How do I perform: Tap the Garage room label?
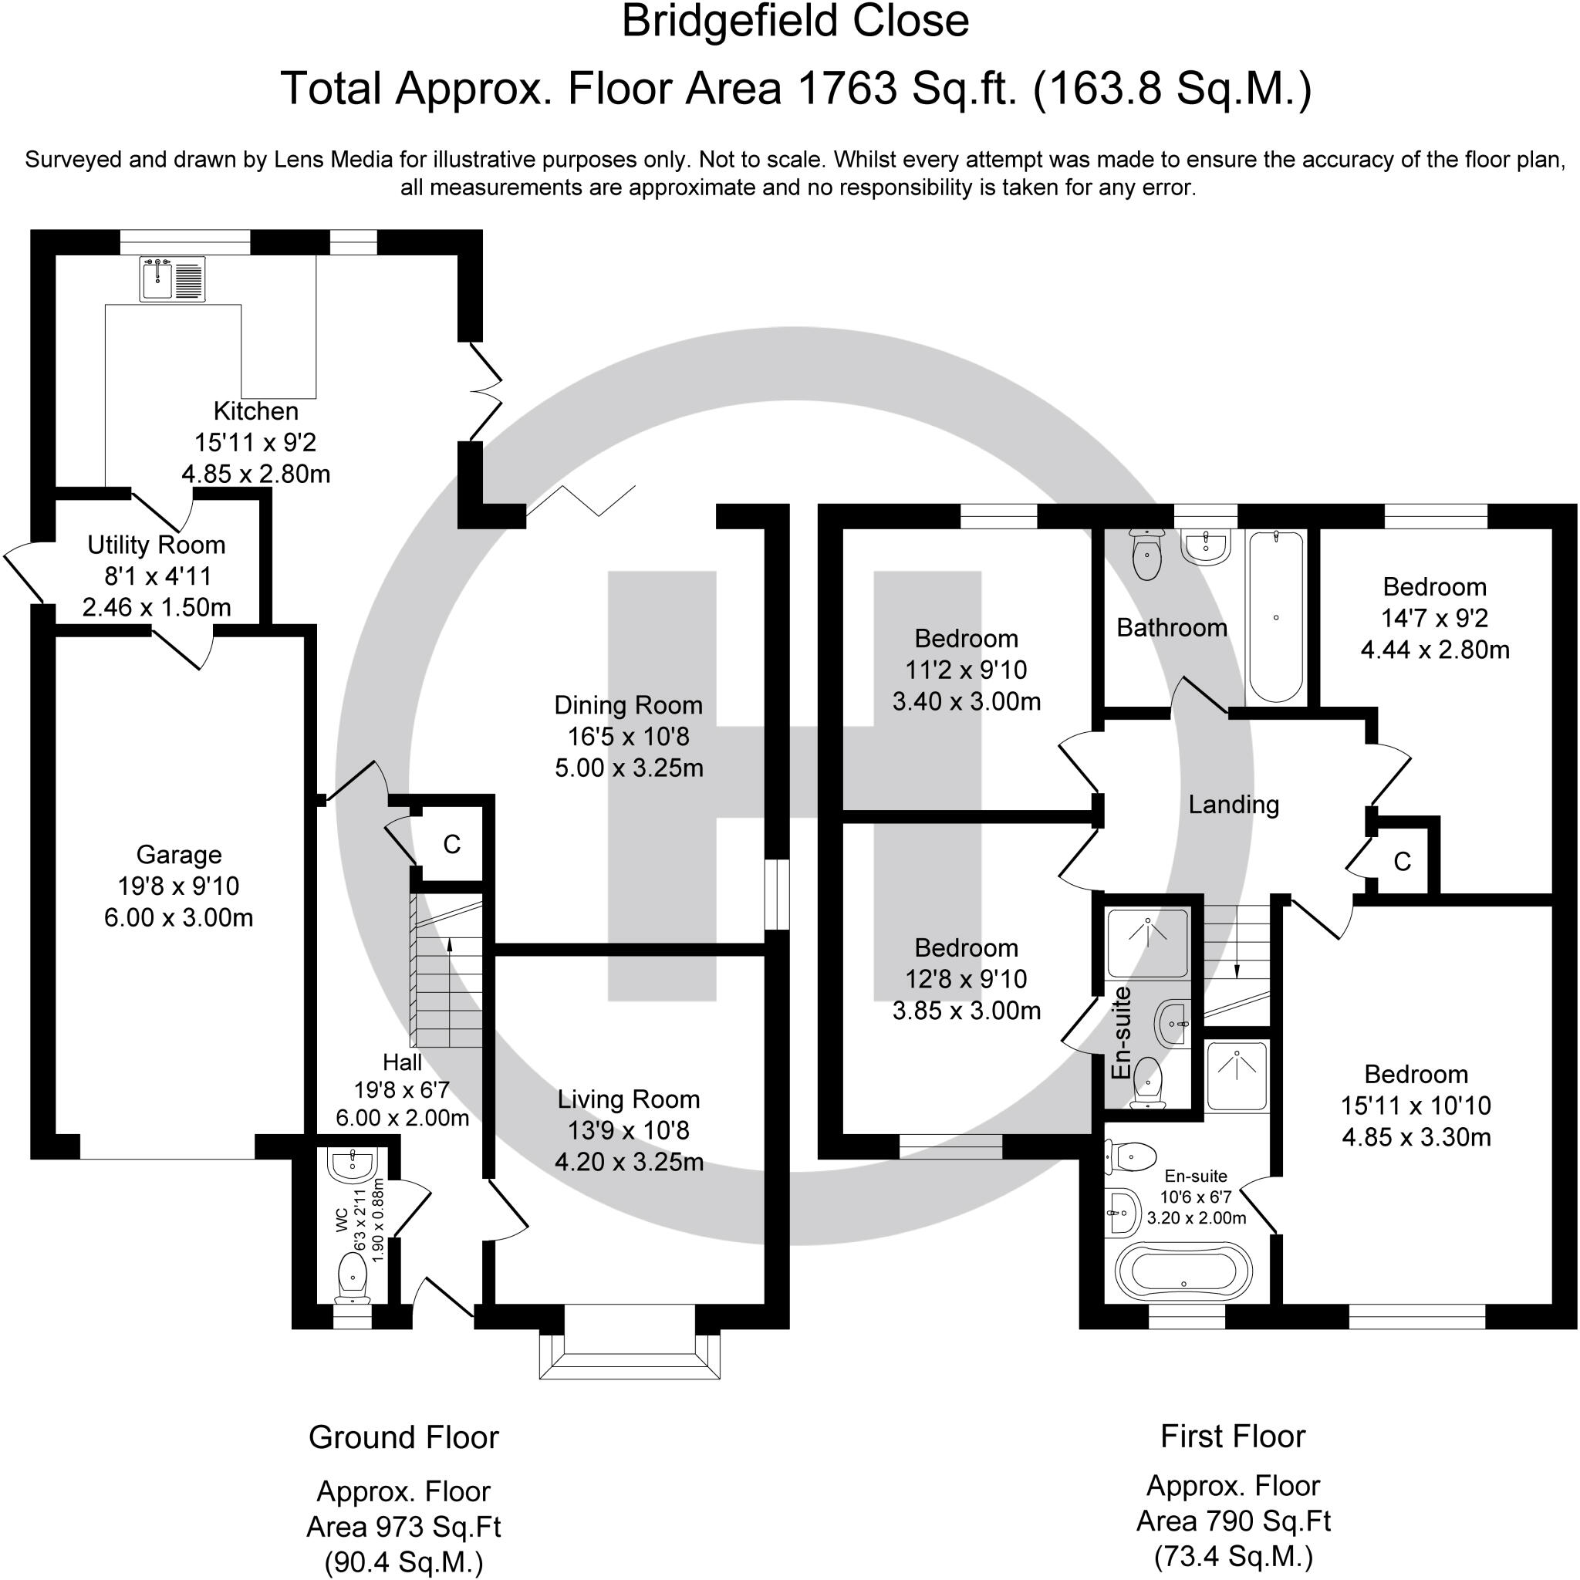[x=178, y=855]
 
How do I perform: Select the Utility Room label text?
[x=156, y=545]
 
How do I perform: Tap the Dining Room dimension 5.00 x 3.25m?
[x=629, y=768]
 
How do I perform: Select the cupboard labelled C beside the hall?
[x=451, y=844]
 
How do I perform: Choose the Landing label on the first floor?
[x=1234, y=805]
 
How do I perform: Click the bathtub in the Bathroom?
[x=1275, y=616]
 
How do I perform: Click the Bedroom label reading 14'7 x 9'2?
[x=1434, y=618]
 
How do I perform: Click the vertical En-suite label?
[x=1121, y=1032]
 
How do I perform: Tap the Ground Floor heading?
[x=403, y=1437]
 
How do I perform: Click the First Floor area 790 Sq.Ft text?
[x=1234, y=1521]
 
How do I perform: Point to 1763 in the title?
[x=846, y=88]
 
